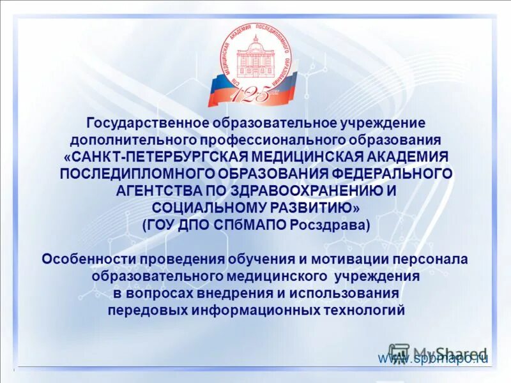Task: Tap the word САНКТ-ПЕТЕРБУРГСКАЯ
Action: [x=158, y=156]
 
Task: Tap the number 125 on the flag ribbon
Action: [x=254, y=94]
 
